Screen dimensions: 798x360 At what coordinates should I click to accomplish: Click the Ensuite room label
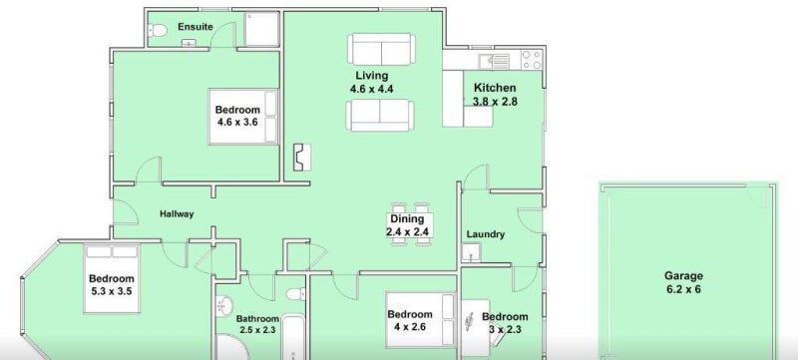(x=196, y=27)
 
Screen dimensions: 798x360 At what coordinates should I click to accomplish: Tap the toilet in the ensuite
(x=158, y=31)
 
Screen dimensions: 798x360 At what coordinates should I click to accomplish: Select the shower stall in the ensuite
(x=261, y=29)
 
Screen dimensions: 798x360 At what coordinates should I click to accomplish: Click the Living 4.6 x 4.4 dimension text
(x=371, y=89)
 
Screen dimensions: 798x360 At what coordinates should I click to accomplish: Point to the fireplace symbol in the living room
(x=302, y=158)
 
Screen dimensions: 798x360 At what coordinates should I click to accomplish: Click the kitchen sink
(x=494, y=61)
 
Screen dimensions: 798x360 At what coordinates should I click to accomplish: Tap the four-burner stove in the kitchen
(x=532, y=60)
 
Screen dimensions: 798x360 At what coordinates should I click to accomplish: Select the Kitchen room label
(x=495, y=88)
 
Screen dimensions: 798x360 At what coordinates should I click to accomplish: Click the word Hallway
(x=177, y=214)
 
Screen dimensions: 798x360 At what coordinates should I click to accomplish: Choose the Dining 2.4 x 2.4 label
(x=407, y=225)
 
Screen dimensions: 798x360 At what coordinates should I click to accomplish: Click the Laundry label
(x=486, y=234)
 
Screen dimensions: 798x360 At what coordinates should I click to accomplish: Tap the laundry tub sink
(x=471, y=252)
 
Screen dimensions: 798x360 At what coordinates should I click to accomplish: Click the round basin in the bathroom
(x=222, y=306)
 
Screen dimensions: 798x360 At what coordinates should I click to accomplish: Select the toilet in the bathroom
(x=295, y=294)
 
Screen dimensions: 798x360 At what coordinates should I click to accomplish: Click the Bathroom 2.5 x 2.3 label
(x=257, y=324)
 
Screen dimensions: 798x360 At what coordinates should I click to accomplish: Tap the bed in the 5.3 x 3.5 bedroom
(x=112, y=279)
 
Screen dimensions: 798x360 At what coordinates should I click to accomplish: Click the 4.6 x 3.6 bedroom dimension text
(x=238, y=122)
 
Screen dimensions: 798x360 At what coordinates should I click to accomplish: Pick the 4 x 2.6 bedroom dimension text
(x=410, y=327)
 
